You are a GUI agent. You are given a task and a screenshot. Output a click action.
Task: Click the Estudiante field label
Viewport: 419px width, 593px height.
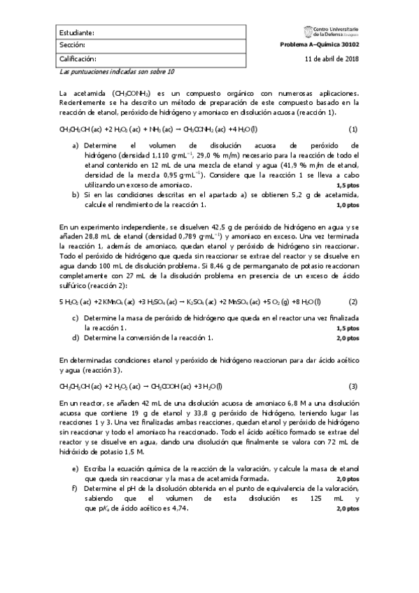76,33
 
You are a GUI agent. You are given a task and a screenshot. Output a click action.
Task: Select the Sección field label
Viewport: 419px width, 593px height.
72,45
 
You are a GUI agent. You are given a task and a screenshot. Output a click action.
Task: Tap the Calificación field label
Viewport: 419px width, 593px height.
77,59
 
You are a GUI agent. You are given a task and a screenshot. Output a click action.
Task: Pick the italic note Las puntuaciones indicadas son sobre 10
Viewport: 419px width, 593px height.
117,71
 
